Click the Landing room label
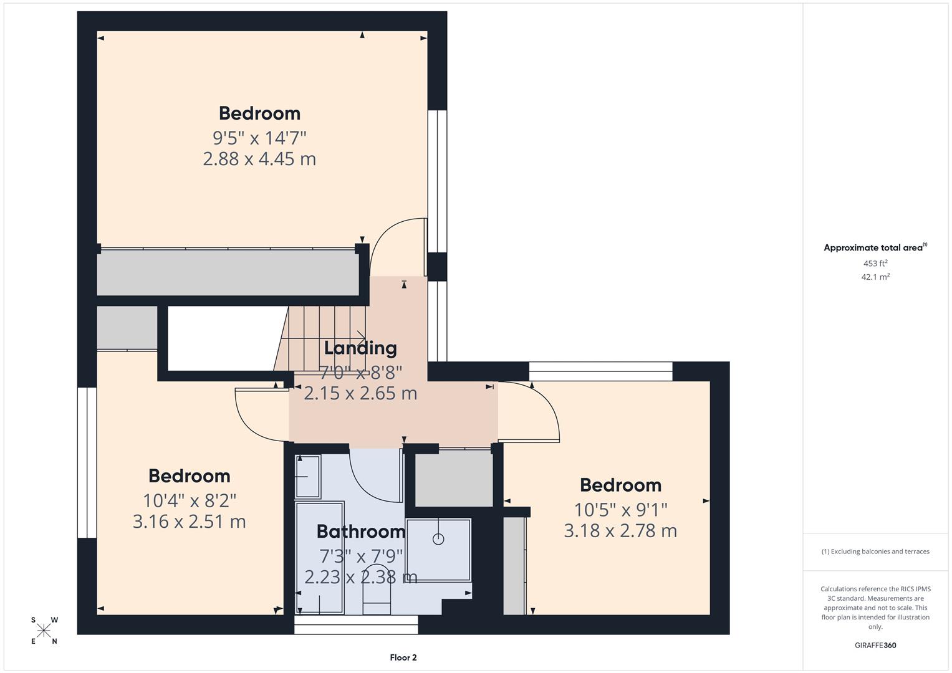pos(360,348)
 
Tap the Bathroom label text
pos(361,532)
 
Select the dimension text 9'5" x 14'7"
pos(259,136)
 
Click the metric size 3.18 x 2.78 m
pos(620,531)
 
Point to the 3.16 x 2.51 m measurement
pos(189,522)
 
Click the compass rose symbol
pos(44,631)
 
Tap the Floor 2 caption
pos(403,657)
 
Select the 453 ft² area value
pos(875,264)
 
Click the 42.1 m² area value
pos(875,277)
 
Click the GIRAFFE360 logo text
pos(875,646)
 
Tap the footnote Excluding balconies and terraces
pos(875,551)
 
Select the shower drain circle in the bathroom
pos(438,539)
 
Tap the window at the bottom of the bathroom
pos(356,624)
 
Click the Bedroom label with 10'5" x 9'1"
pos(620,485)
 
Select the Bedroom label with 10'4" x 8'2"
pos(189,476)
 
